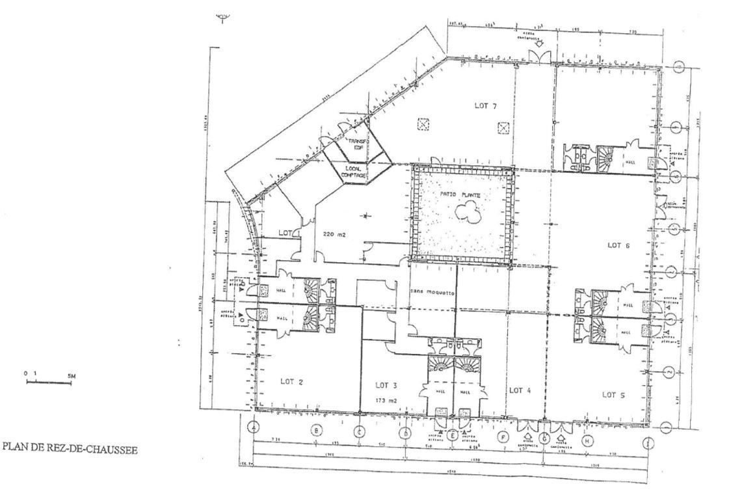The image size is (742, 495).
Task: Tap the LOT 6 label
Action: (x=618, y=245)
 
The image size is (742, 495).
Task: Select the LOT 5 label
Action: (x=614, y=394)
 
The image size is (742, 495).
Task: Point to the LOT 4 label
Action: (x=520, y=390)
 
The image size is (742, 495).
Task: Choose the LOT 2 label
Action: (x=292, y=382)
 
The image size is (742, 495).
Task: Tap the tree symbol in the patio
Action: (x=466, y=210)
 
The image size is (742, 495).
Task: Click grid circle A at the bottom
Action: (x=254, y=427)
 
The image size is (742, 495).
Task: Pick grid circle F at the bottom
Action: (x=503, y=438)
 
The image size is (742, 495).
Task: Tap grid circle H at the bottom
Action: (x=589, y=441)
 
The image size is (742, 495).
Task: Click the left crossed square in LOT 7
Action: (x=424, y=124)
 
